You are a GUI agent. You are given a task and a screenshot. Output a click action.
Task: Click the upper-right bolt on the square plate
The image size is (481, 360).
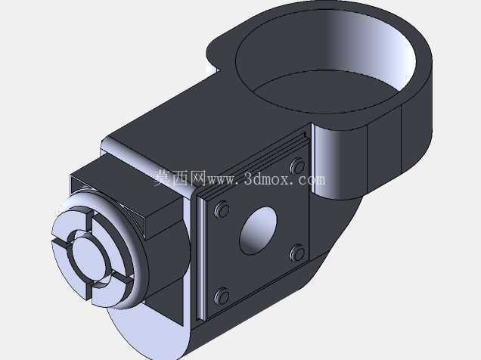click(x=297, y=166)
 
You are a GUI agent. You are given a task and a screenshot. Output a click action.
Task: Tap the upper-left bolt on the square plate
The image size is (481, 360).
click(x=222, y=209)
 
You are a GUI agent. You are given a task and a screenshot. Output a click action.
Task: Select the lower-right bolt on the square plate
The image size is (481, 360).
click(x=297, y=253)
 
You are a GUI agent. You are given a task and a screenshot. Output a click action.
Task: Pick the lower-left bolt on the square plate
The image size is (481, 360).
click(x=222, y=296)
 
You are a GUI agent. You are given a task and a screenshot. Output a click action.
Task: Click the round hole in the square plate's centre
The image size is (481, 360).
click(x=258, y=231)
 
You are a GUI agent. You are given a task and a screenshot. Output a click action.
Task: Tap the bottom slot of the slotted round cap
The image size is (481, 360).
click(x=89, y=291)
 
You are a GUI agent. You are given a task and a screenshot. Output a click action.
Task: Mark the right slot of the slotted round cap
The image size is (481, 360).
click(x=121, y=277)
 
